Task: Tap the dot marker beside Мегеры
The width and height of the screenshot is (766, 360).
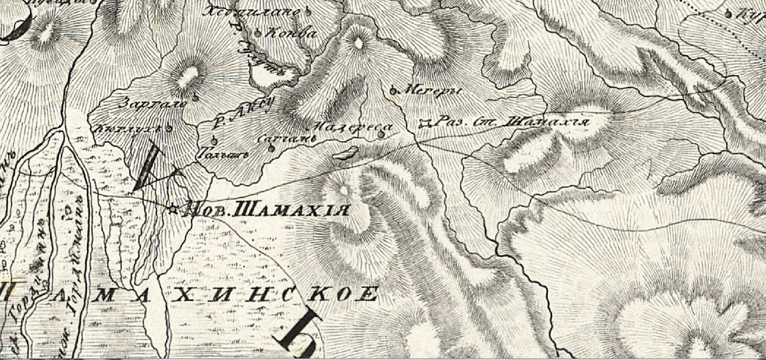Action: point(392,90)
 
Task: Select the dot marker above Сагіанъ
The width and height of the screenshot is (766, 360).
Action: point(271,149)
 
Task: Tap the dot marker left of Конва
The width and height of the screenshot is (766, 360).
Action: point(258,32)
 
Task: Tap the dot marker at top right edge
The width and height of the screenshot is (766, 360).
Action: point(728,11)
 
